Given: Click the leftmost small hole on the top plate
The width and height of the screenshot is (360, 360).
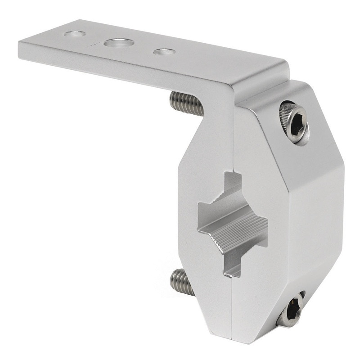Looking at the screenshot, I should pos(75,34).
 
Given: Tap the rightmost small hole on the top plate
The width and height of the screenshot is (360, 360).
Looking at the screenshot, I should pos(164,52).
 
